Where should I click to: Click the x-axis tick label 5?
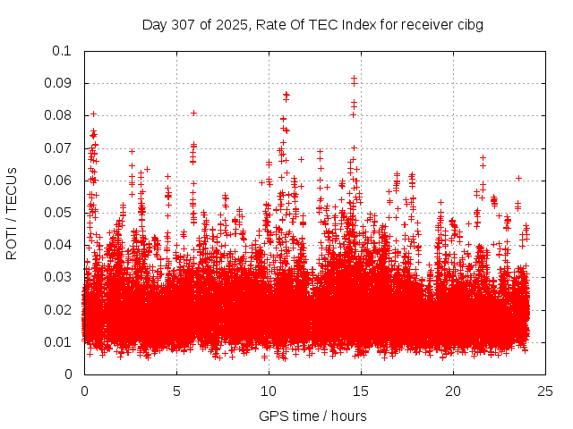pyautogui.click(x=176, y=391)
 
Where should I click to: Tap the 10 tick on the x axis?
pyautogui.click(x=269, y=391)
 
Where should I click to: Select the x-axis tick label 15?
pyautogui.click(x=361, y=391)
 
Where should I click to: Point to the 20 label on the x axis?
pyautogui.click(x=453, y=391)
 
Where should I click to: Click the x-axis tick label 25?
pyautogui.click(x=545, y=391)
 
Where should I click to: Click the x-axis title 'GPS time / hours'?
pyautogui.click(x=312, y=416)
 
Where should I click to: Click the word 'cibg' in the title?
pyautogui.click(x=470, y=24)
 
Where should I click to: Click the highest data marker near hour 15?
pyautogui.click(x=354, y=79)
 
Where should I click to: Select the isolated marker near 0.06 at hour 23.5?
pyautogui.click(x=518, y=178)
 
